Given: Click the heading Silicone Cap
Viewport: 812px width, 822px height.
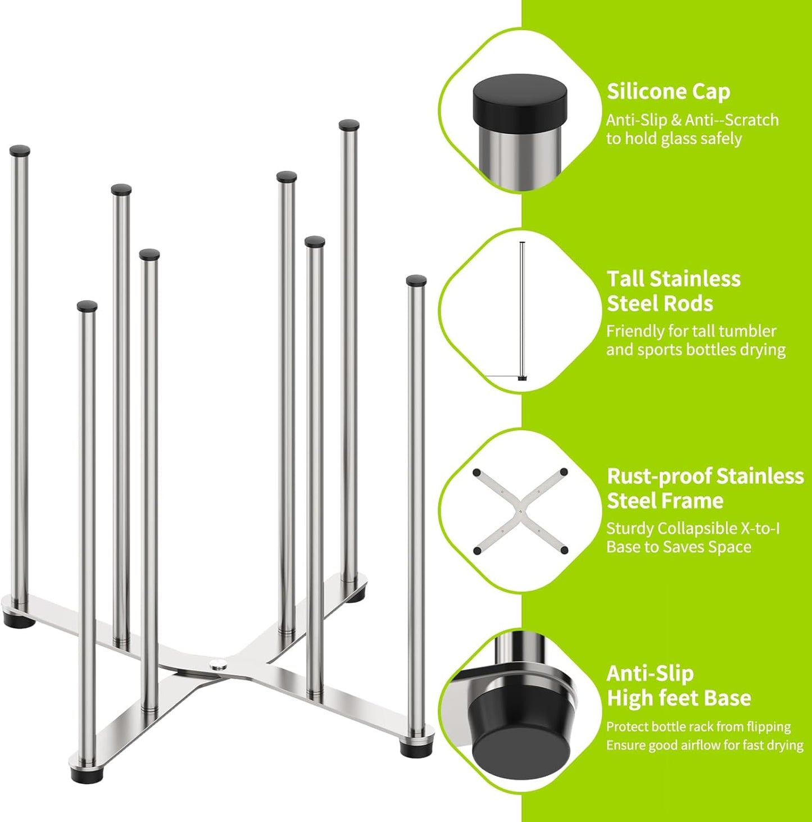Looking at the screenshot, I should click(668, 92).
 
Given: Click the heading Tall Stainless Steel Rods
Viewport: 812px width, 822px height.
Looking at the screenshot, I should click(673, 291).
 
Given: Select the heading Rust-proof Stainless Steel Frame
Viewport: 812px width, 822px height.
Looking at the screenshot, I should click(705, 488).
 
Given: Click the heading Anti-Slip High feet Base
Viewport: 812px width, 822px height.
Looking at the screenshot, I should click(678, 685).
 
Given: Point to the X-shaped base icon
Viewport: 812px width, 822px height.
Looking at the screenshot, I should click(520, 511).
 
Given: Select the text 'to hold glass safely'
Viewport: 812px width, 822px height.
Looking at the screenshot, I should click(674, 139).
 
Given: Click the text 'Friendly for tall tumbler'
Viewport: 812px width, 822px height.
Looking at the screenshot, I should click(691, 331).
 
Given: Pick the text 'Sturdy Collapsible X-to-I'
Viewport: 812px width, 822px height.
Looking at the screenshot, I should click(692, 529).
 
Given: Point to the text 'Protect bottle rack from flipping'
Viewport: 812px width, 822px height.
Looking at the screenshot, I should click(698, 726).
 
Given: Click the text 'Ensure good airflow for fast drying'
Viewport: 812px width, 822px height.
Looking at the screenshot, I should click(704, 745).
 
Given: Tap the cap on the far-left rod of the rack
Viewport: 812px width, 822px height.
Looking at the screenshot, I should click(20, 151).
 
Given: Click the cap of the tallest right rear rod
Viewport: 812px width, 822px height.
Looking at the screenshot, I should click(348, 125).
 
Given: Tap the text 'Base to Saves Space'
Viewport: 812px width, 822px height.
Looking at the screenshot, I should click(678, 547).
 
